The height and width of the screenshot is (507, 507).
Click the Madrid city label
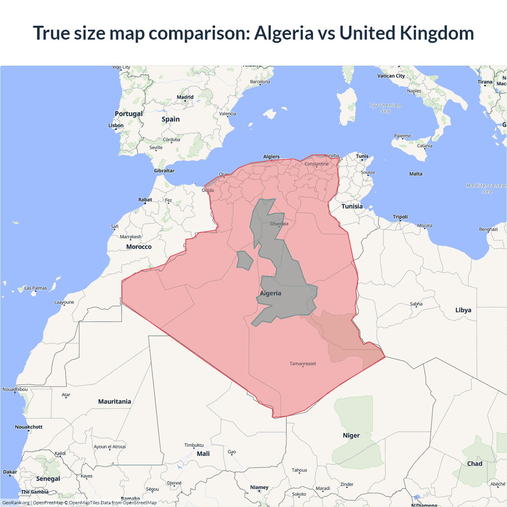pyautogui.click(x=185, y=97)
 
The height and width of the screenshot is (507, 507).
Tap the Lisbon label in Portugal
pyautogui.click(x=116, y=126)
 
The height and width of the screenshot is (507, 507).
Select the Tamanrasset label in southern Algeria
pyautogui.click(x=303, y=364)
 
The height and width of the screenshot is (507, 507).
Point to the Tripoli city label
pyautogui.click(x=400, y=217)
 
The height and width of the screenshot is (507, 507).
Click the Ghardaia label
pyautogui.click(x=279, y=224)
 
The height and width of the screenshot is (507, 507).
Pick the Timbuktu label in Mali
pyautogui.click(x=194, y=445)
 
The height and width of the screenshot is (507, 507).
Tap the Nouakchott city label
pyautogui.click(x=29, y=427)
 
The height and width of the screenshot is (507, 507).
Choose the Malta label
pyautogui.click(x=416, y=174)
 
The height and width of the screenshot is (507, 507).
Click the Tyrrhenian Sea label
pyautogui.click(x=385, y=108)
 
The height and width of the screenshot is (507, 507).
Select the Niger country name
pyautogui.click(x=351, y=435)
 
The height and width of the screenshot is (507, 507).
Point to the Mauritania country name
pyautogui.click(x=114, y=402)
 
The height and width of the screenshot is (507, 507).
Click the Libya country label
pyautogui.click(x=463, y=310)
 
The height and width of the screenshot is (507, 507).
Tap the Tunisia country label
pyautogui.click(x=352, y=206)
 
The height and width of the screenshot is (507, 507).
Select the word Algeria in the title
pyautogui.click(x=284, y=33)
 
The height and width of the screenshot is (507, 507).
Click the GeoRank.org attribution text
pyautogui.click(x=16, y=503)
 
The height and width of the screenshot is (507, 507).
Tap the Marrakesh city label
pyautogui.click(x=131, y=237)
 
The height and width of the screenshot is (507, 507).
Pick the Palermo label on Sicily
pyautogui.click(x=402, y=136)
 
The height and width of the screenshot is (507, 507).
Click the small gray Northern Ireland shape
pyautogui.click(x=244, y=261)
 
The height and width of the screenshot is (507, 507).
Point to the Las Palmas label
pyautogui.click(x=36, y=288)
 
